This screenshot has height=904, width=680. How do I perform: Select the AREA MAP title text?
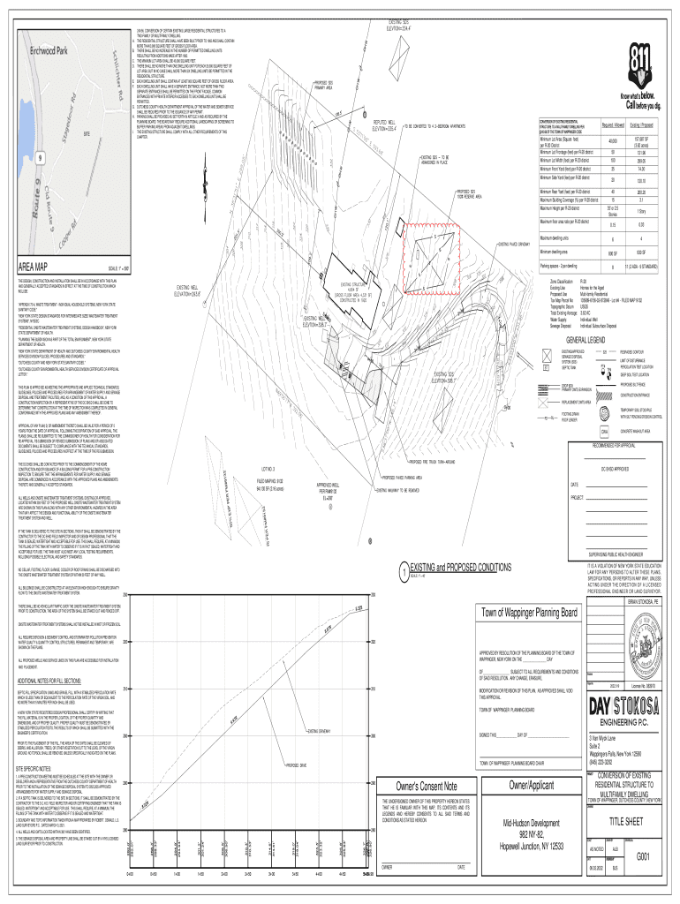(x=30, y=267)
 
